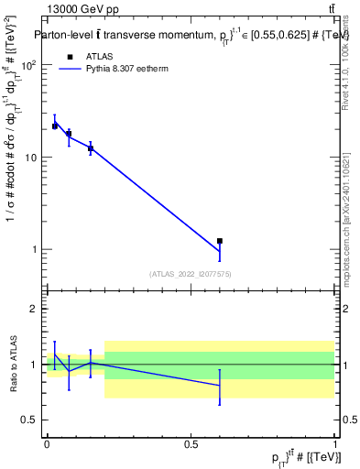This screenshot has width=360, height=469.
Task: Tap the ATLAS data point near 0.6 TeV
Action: pyautogui.click(x=220, y=241)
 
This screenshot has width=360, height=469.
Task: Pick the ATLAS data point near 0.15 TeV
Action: pyautogui.click(x=91, y=148)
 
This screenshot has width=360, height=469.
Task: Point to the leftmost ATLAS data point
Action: pyautogui.click(x=55, y=126)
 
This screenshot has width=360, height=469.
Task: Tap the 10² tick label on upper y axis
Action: pyautogui.click(x=30, y=66)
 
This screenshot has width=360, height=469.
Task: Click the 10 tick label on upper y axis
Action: pyautogui.click(x=32, y=158)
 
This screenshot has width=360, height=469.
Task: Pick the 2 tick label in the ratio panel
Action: pyautogui.click(x=35, y=309)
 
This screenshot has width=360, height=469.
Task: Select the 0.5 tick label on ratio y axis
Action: pyautogui.click(x=29, y=420)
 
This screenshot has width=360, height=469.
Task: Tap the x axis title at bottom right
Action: pyautogui.click(x=310, y=456)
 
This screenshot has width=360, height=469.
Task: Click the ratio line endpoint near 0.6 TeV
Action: pyautogui.click(x=220, y=386)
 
